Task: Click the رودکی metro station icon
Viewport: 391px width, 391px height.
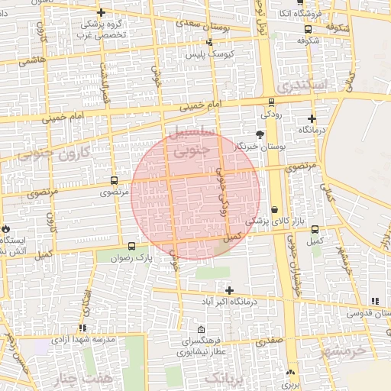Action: [x=272, y=102]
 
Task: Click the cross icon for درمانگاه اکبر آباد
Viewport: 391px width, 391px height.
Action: [x=229, y=290]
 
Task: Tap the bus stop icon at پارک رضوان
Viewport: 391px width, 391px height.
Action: [x=132, y=246]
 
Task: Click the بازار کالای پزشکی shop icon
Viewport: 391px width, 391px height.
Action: [x=274, y=210]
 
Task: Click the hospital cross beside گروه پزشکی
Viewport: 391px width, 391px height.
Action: [x=101, y=12]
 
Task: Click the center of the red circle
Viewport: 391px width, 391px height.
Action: [x=195, y=195]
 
